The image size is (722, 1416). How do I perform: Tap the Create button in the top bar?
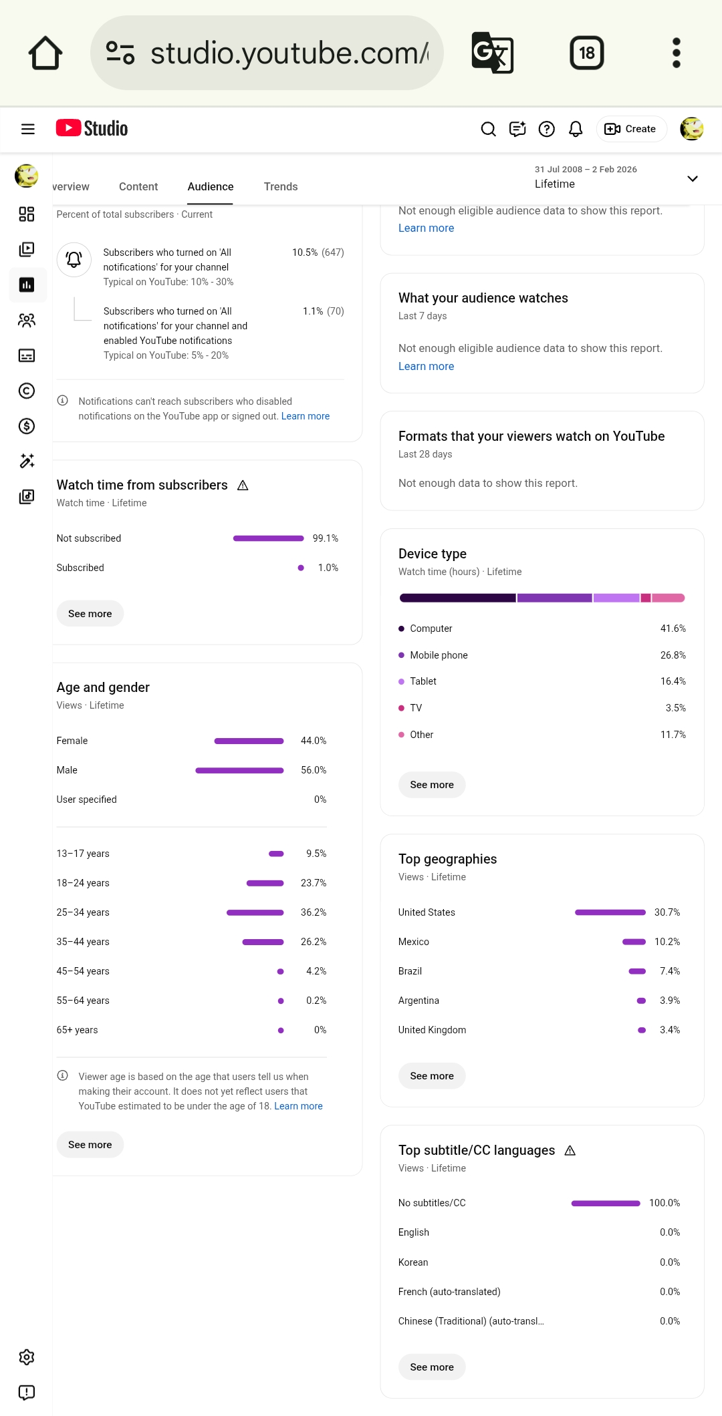[631, 129]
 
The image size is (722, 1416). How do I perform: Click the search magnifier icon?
[489, 129]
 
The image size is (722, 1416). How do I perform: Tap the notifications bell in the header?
[576, 129]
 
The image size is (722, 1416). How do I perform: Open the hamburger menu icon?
[28, 129]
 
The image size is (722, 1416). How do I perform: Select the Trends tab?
[281, 186]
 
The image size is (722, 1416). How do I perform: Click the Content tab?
[138, 186]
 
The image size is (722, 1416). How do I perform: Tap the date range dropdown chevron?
[693, 178]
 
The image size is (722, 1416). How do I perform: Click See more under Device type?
[432, 785]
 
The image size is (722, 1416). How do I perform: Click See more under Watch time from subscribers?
[90, 614]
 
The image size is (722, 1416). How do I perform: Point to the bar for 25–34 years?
[255, 912]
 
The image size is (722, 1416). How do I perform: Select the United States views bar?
[610, 912]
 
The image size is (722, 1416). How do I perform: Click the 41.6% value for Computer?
[673, 629]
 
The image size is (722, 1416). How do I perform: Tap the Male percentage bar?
[239, 770]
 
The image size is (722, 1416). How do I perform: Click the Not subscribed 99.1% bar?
[268, 538]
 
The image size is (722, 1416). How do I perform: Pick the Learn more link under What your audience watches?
[426, 366]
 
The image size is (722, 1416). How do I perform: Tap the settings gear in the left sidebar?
[27, 1357]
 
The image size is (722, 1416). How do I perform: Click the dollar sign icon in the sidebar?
[27, 426]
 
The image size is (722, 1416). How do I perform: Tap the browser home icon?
[45, 53]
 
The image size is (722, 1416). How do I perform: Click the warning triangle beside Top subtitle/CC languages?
[570, 1150]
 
